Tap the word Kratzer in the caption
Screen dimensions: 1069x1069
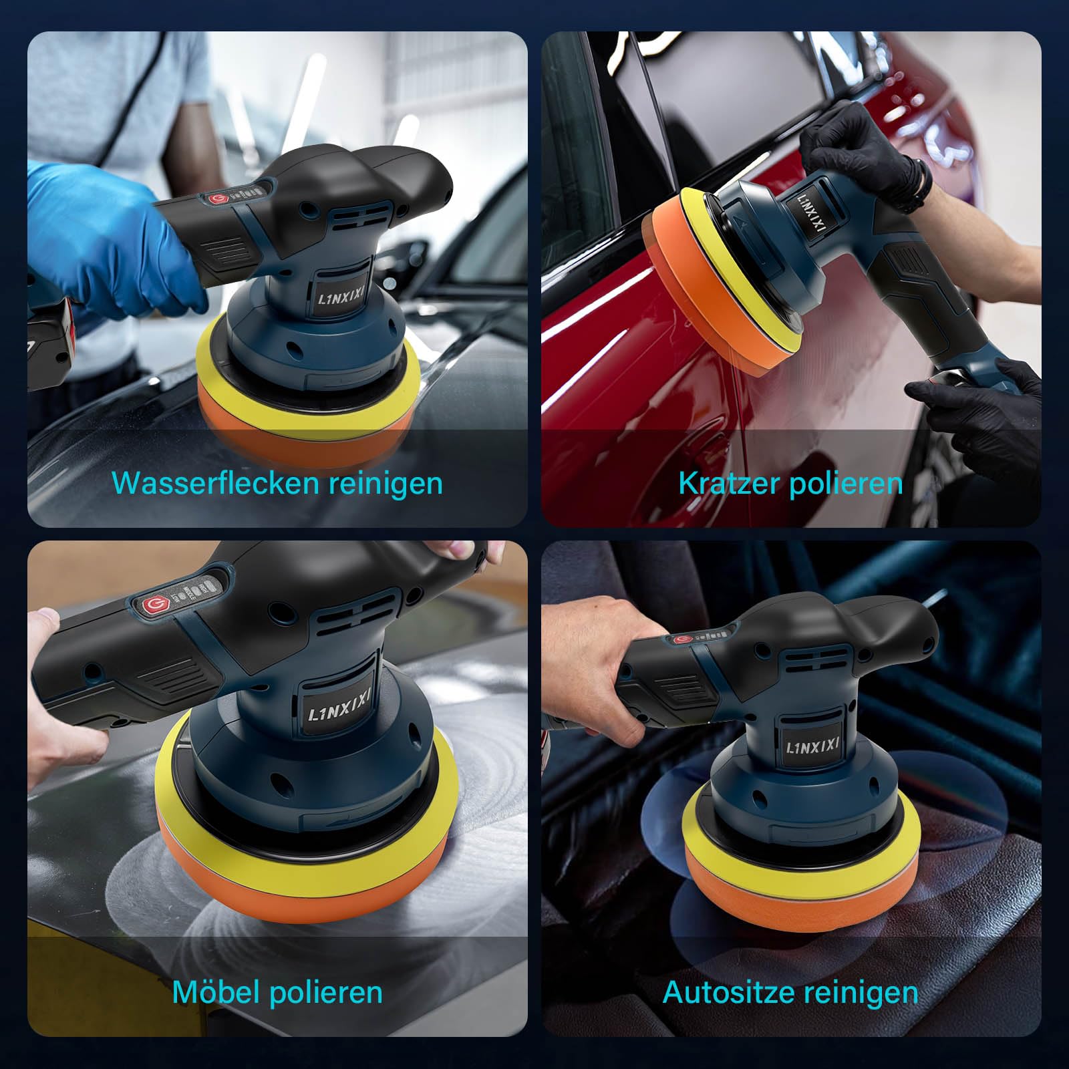click(x=729, y=483)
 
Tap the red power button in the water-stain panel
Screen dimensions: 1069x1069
click(x=218, y=199)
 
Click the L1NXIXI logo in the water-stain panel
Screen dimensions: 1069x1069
click(x=343, y=295)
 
